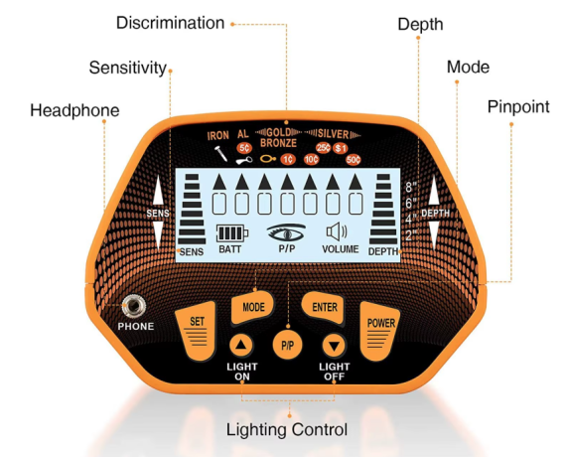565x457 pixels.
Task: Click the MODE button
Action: [253, 307]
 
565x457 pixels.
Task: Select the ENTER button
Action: [324, 307]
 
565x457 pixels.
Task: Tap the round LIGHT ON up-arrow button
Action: [241, 346]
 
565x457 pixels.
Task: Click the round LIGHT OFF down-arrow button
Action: [334, 346]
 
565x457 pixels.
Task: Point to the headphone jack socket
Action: [134, 306]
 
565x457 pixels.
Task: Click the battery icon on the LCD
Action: [232, 233]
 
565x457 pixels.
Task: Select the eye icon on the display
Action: [287, 232]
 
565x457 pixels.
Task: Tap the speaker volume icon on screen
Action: [337, 231]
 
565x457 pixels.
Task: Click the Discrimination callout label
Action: [170, 23]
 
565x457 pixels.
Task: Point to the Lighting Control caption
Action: [287, 429]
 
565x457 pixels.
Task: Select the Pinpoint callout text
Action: [518, 107]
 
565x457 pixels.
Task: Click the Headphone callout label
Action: [74, 110]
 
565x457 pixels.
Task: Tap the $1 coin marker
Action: [341, 148]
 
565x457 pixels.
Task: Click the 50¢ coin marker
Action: [353, 160]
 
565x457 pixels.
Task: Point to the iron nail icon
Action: [220, 154]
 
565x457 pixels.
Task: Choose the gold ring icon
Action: [268, 159]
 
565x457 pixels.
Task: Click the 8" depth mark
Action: [411, 188]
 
